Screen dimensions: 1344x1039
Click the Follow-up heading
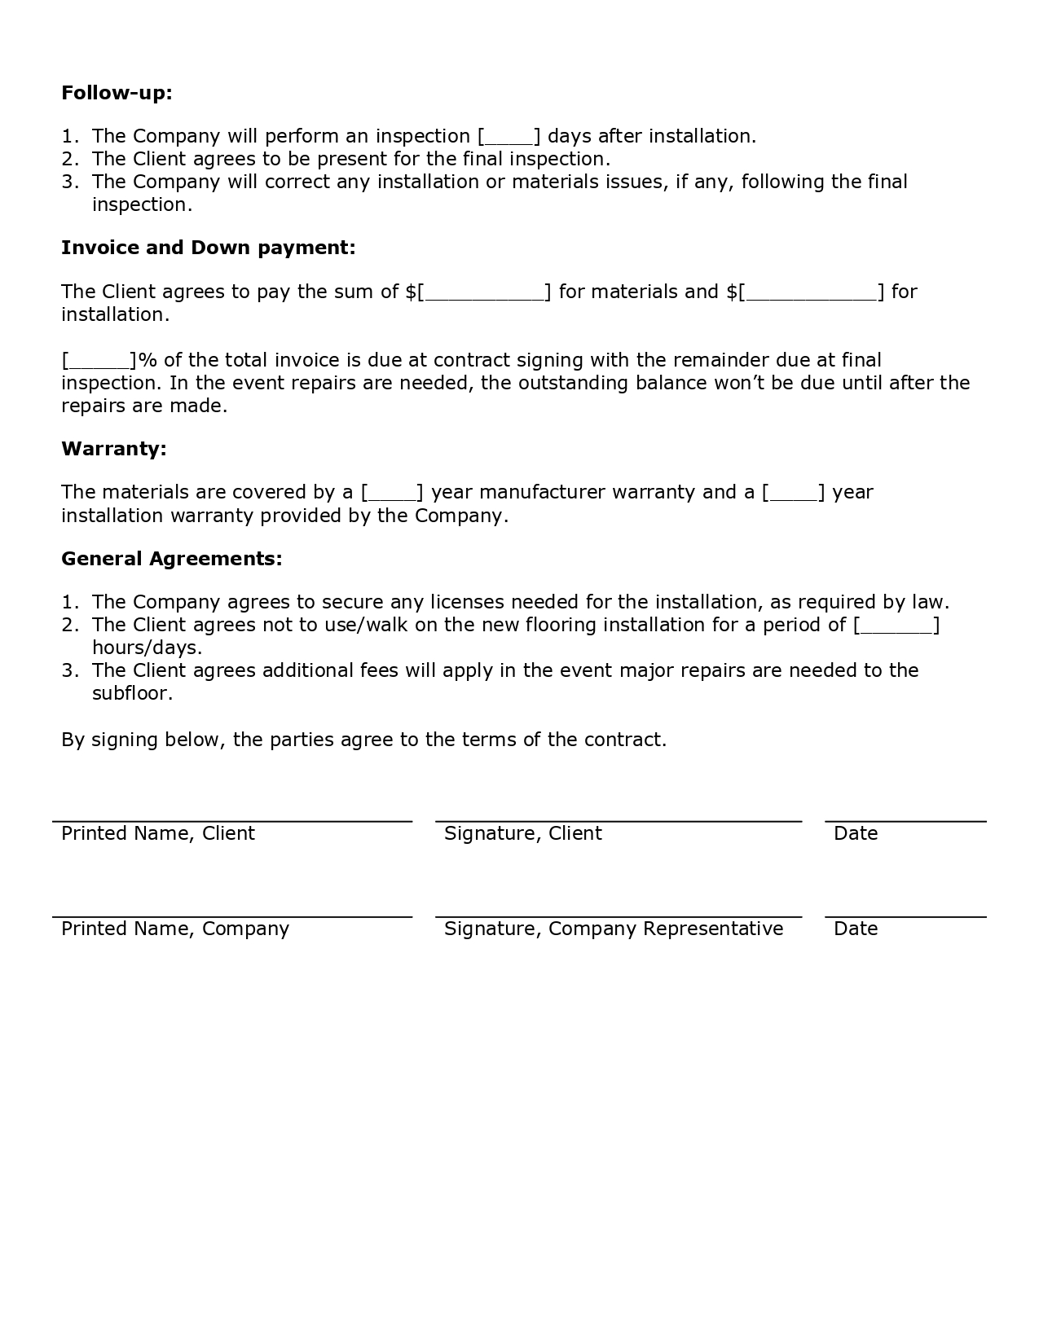(x=117, y=93)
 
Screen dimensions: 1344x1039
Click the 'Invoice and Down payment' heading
(x=208, y=248)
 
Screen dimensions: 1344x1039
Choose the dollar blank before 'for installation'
(x=812, y=292)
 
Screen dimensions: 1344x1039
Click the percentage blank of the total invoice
(x=98, y=361)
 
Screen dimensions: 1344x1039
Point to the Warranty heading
(x=113, y=449)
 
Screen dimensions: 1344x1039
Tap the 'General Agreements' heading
(x=171, y=559)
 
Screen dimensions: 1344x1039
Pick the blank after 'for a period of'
(x=896, y=626)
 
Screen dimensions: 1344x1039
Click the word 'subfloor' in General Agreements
(x=131, y=694)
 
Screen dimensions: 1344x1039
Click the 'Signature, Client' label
(x=522, y=833)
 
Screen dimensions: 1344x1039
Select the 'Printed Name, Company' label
(x=175, y=929)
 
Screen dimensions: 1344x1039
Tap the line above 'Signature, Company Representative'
(x=619, y=917)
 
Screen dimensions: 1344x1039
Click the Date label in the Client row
(x=856, y=833)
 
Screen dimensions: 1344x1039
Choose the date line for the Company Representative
(x=905, y=917)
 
